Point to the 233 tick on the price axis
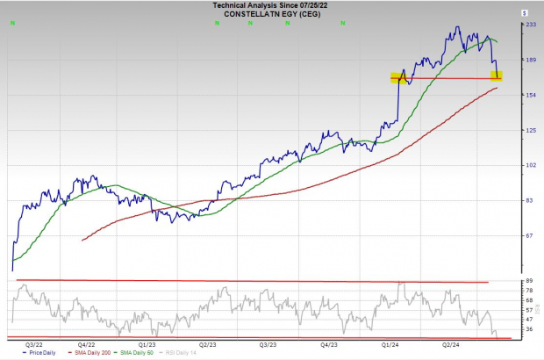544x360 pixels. click(x=530, y=25)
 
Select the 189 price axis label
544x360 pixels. click(x=530, y=61)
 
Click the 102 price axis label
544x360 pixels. click(x=530, y=165)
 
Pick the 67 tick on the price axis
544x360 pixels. click(x=530, y=235)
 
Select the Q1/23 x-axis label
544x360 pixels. click(x=148, y=344)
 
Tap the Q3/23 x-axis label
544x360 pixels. click(x=270, y=344)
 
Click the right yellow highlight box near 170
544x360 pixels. click(x=497, y=76)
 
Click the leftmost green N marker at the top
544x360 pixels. click(x=11, y=24)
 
